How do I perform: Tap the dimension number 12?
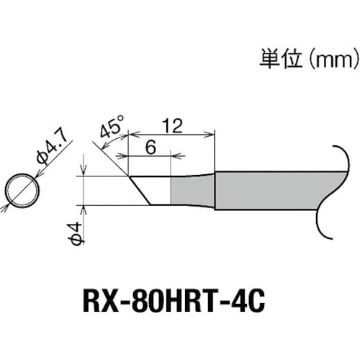[172, 125]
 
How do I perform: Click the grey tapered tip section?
[192, 190]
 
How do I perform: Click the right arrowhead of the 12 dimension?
[211, 133]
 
